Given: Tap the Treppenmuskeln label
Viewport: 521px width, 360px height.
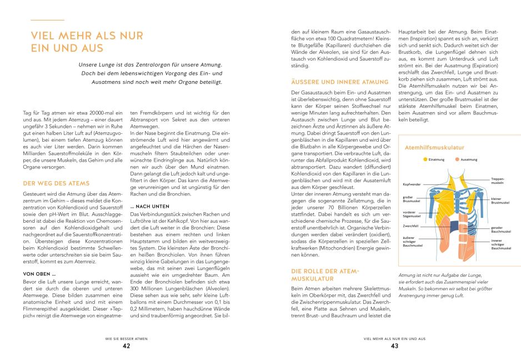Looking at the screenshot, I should tap(498, 181).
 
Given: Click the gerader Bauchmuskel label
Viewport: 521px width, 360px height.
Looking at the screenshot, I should tap(500, 229).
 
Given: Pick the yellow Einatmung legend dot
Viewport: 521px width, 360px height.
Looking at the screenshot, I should tap(425, 159).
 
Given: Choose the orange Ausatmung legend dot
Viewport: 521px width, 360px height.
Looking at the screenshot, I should tap(457, 159).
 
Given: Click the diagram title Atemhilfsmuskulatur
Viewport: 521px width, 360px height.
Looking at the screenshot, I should tap(434, 148).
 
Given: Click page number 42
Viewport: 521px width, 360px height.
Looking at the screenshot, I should tap(127, 346).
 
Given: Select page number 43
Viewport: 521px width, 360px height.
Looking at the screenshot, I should tap(394, 346).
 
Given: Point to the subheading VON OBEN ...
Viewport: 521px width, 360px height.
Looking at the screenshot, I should tap(39, 274).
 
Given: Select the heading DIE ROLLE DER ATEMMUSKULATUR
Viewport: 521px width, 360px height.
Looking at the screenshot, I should tap(326, 274).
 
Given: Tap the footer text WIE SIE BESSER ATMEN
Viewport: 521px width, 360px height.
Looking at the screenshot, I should tap(127, 337).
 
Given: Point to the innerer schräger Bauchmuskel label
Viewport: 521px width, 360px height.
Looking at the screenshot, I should tap(500, 244).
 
